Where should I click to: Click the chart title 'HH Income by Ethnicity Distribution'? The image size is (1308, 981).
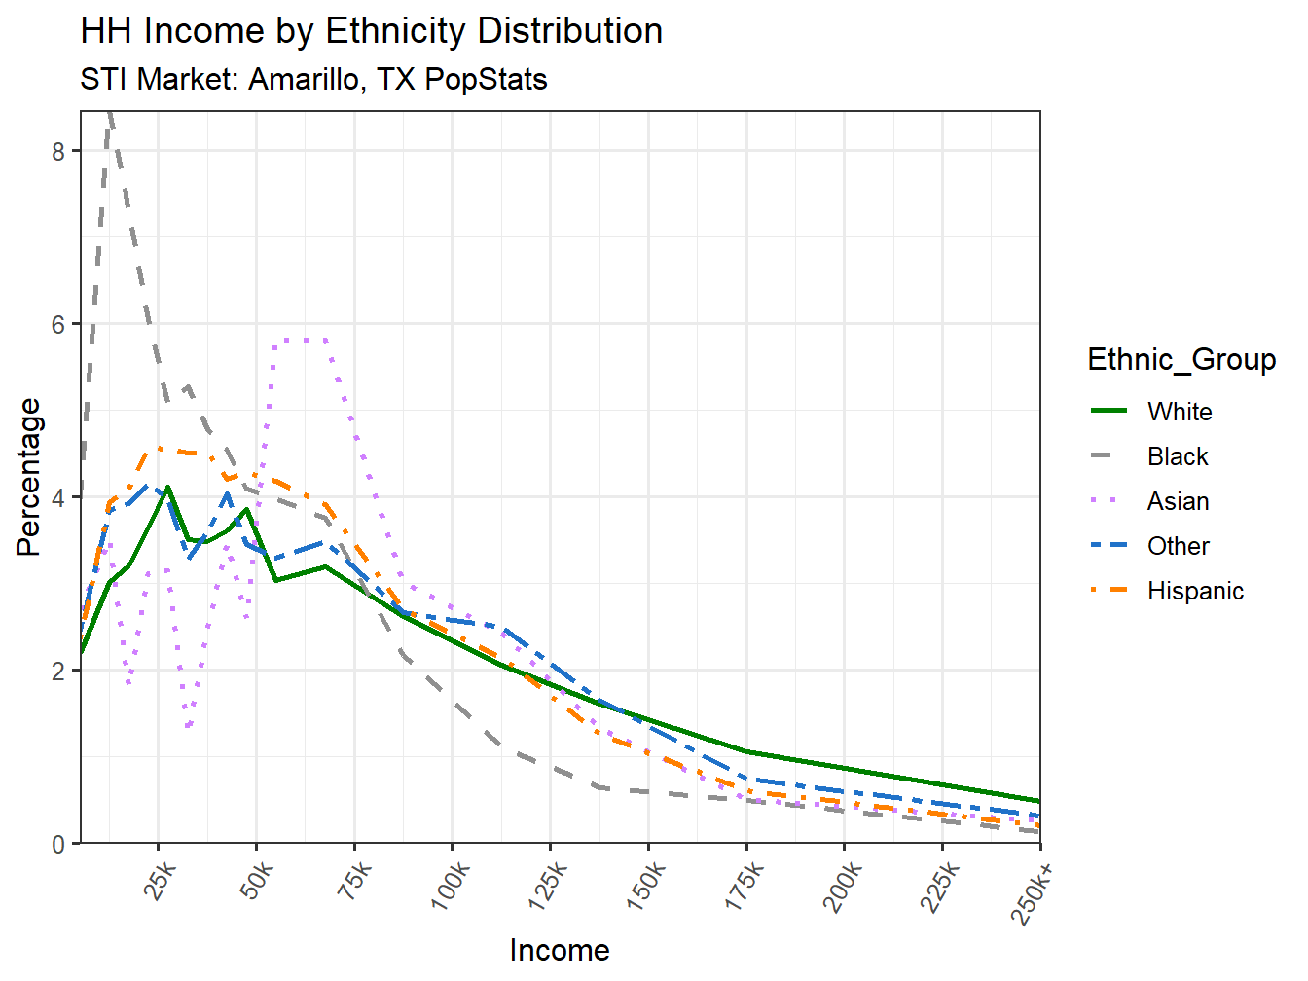pyautogui.click(x=371, y=31)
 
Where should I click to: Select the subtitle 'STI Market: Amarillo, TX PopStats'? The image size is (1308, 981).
pyautogui.click(x=313, y=79)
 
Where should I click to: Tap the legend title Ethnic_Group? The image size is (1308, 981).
pyautogui.click(x=1181, y=359)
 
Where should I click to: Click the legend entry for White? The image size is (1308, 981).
pyautogui.click(x=1179, y=412)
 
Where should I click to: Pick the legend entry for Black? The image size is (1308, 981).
pyautogui.click(x=1177, y=456)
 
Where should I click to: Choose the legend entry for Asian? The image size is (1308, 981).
pyautogui.click(x=1178, y=501)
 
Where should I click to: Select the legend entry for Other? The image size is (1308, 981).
pyautogui.click(x=1178, y=546)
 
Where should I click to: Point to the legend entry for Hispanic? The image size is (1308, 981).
pyautogui.click(x=1195, y=591)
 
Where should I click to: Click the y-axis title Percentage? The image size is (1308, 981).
pyautogui.click(x=29, y=477)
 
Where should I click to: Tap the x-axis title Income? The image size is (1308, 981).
pyautogui.click(x=560, y=950)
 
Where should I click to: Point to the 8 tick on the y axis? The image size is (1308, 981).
pyautogui.click(x=59, y=151)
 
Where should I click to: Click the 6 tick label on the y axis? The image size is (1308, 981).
pyautogui.click(x=59, y=324)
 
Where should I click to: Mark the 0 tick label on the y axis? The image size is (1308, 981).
pyautogui.click(x=59, y=844)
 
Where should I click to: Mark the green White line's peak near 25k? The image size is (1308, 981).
pyautogui.click(x=168, y=487)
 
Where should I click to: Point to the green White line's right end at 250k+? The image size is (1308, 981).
pyautogui.click(x=1038, y=801)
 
